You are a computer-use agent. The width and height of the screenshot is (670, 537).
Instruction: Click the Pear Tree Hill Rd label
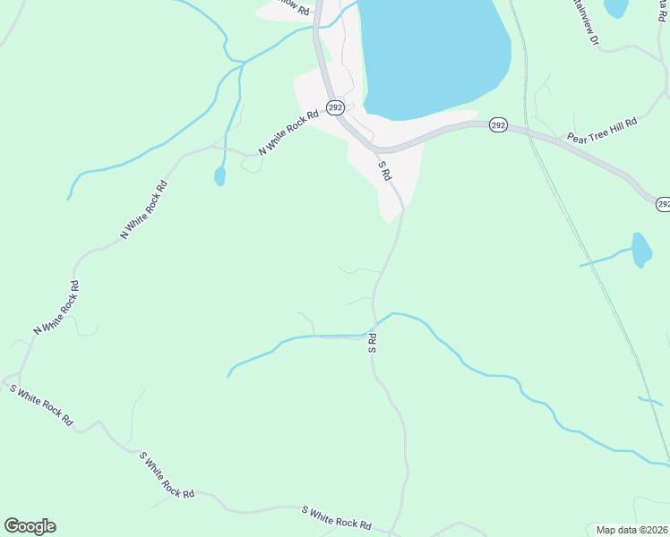pos(601,129)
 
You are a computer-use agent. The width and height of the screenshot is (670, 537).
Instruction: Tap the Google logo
pos(30,526)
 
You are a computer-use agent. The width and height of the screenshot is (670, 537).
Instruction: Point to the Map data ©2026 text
pos(632,530)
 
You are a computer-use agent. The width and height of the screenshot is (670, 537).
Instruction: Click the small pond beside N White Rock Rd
pos(219,176)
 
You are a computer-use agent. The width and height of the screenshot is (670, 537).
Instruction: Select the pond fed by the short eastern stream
pos(640,250)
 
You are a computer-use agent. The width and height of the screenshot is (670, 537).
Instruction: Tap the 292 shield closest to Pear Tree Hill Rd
pos(499,126)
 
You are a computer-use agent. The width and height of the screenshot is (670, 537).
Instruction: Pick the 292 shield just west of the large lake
pos(334,107)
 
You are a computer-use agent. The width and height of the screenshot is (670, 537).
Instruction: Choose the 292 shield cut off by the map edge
pos(663,204)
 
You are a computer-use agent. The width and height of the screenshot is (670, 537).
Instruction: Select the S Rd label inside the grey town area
pos(385,170)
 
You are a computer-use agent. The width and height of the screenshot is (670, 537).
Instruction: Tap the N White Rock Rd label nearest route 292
pos(288,133)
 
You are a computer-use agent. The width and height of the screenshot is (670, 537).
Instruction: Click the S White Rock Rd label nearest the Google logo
pos(41,404)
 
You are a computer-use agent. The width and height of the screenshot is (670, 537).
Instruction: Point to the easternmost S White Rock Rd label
pos(336,517)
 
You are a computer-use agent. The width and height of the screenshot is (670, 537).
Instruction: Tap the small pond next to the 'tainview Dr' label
pos(616,8)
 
